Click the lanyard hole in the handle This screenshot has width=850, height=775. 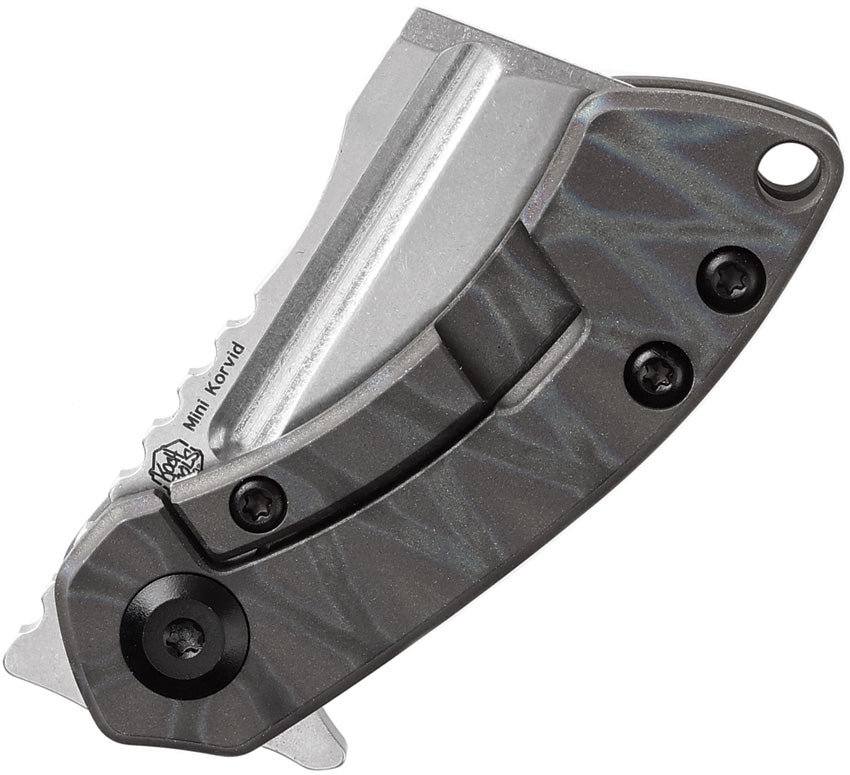pos(789,166)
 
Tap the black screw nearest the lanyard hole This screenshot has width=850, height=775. pos(731,280)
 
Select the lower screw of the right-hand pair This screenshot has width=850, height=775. pos(657,373)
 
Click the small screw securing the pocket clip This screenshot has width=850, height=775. pos(258,505)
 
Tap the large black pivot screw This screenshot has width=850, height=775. pos(184,637)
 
